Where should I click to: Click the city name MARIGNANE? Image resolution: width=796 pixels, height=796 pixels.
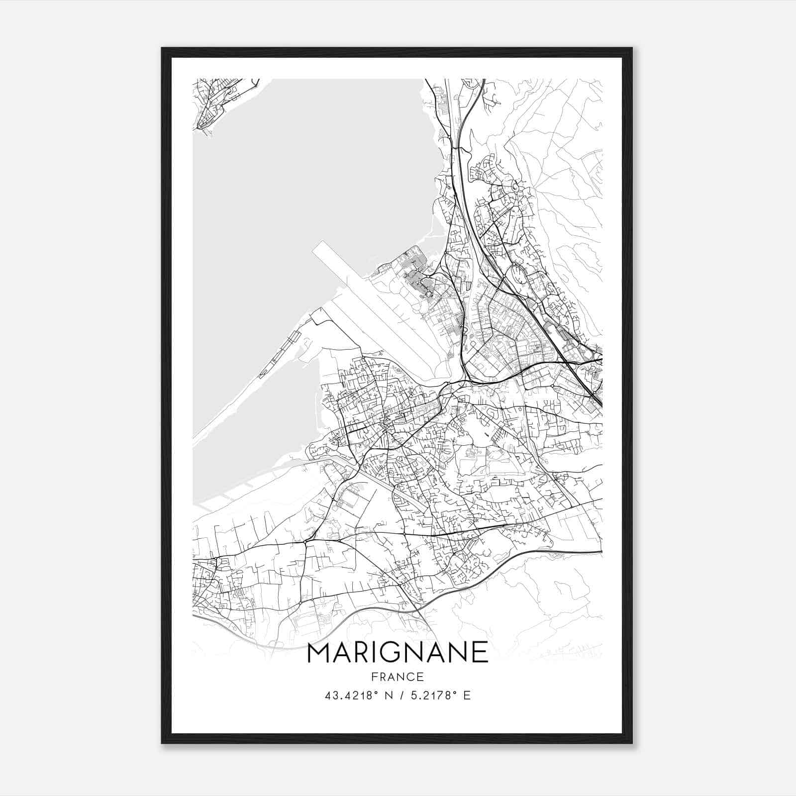(x=398, y=652)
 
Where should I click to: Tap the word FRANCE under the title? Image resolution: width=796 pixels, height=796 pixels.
(x=398, y=677)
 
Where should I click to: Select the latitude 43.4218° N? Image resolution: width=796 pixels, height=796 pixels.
(x=353, y=696)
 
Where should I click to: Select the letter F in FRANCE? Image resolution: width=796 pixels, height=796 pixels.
(x=374, y=677)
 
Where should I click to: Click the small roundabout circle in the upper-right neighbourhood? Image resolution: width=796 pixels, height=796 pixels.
(x=515, y=188)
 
